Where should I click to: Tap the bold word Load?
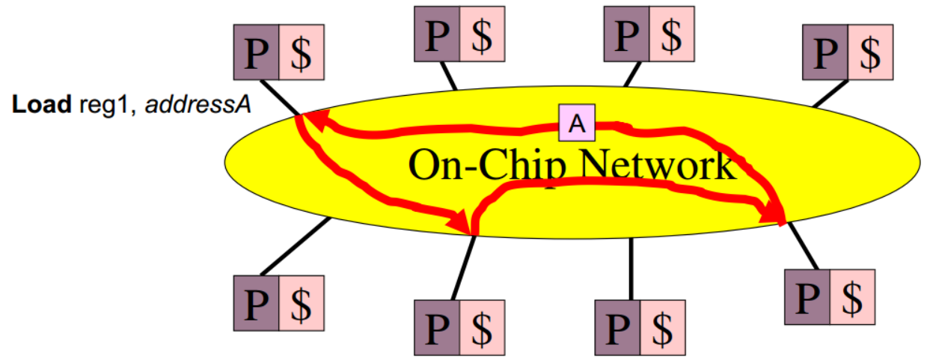pyautogui.click(x=42, y=105)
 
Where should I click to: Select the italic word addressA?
pyautogui.click(x=198, y=105)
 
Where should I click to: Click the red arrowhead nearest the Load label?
pyautogui.click(x=315, y=120)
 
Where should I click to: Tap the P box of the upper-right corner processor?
pyautogui.click(x=825, y=52)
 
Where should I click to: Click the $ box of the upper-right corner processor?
pyautogui.click(x=871, y=52)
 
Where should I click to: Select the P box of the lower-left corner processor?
pyautogui.click(x=256, y=303)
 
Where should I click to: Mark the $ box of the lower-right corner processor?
pyautogui.click(x=851, y=297)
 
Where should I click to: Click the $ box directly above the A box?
pyautogui.click(x=671, y=34)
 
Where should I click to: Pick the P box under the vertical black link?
pyautogui.click(x=617, y=327)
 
